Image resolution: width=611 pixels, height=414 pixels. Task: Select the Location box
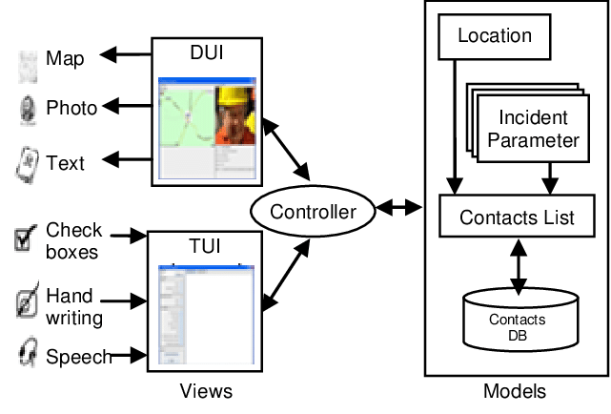click(494, 36)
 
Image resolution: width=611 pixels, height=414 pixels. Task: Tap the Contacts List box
click(517, 217)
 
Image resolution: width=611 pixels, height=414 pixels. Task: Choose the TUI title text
click(205, 246)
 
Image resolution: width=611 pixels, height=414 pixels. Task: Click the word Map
click(65, 59)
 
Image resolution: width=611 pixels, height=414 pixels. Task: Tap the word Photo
click(71, 108)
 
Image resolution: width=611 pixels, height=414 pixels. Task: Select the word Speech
click(78, 357)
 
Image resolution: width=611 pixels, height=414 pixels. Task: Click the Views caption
click(206, 392)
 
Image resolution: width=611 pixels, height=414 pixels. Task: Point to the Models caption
click(515, 392)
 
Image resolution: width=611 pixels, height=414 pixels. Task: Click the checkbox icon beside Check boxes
click(27, 238)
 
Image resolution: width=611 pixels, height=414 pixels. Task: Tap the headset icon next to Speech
click(27, 356)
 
